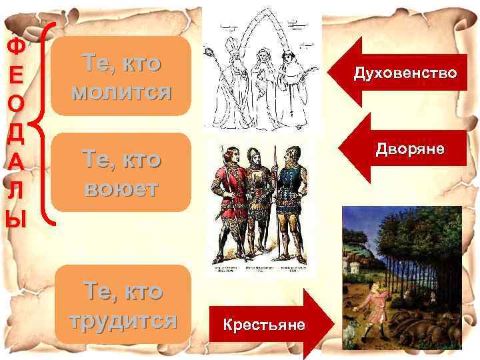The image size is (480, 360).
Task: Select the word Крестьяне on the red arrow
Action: tap(264, 325)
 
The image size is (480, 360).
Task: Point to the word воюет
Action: tap(121, 188)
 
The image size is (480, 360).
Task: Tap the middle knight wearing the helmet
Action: tap(257, 200)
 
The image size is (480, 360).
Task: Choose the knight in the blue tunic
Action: tap(291, 200)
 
